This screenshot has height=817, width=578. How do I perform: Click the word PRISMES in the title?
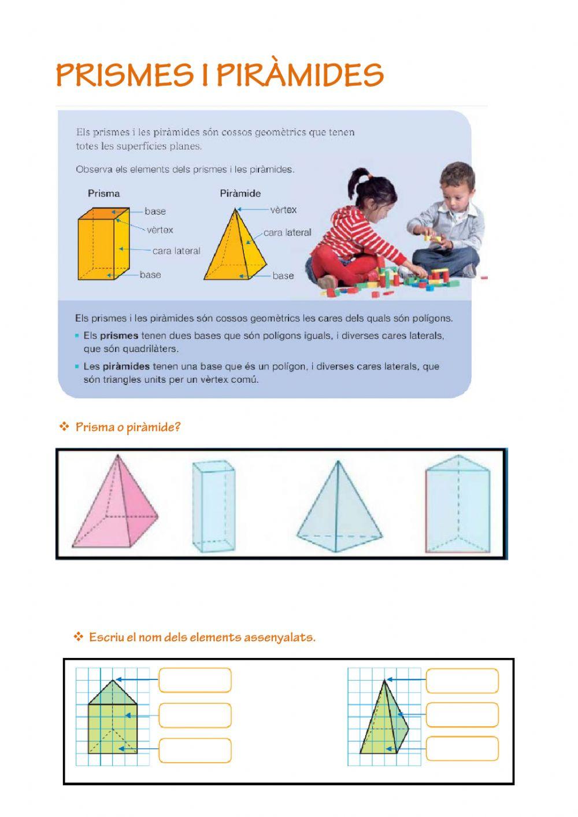tap(124, 75)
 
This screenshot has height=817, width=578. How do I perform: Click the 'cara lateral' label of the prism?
tap(176, 251)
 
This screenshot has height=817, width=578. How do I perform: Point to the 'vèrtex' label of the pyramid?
tap(283, 210)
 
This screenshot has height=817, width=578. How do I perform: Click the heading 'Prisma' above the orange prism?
tap(103, 193)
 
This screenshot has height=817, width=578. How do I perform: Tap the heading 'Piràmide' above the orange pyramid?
tap(240, 193)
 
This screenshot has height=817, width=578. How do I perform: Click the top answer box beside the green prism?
tap(195, 680)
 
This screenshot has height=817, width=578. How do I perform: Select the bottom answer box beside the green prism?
tap(195, 750)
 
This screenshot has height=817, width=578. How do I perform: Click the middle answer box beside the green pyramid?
tap(462, 715)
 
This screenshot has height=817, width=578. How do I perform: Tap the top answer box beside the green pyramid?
tap(462, 680)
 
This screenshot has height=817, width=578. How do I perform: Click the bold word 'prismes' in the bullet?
tap(119, 335)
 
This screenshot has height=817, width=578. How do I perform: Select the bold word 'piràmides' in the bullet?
tap(126, 366)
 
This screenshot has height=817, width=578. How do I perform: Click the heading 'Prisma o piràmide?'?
tap(128, 427)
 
